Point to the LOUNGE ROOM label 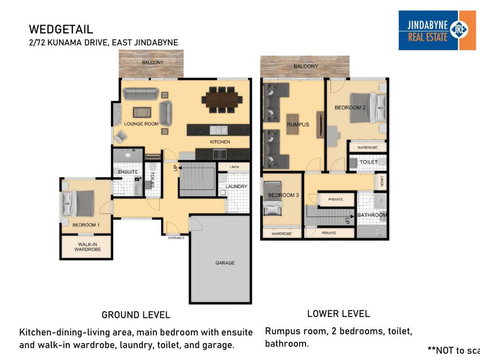coord(141,124)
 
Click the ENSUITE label coord(127,172)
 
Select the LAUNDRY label coord(236,186)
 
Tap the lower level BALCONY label coord(306,66)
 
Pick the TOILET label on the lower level coord(368,161)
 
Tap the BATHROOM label coord(372,214)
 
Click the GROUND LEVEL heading coord(135,313)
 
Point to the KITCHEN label coord(219,142)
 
